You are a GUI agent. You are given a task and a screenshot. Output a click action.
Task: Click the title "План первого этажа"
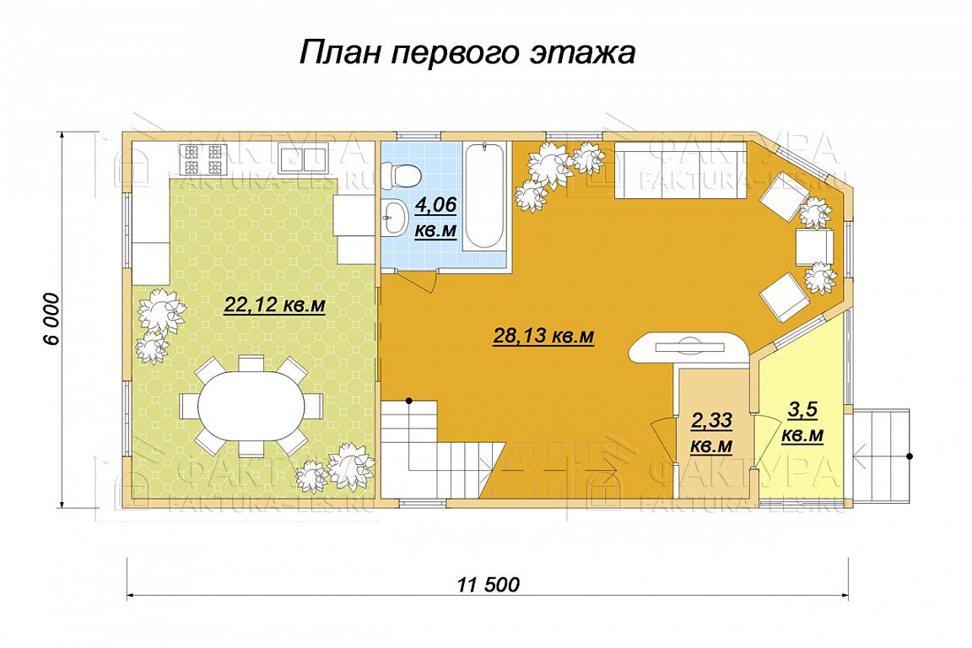tap(467, 52)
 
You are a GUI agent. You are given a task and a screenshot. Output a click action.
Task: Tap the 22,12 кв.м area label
tap(274, 305)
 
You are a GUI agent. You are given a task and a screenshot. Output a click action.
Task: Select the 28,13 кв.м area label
tap(543, 336)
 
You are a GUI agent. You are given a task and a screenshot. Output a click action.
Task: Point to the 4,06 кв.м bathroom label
tap(435, 217)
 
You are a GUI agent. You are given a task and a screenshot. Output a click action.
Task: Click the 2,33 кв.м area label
tap(711, 433)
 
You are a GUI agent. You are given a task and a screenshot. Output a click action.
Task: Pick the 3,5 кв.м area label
tap(802, 423)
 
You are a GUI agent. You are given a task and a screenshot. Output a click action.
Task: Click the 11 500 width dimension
tap(489, 584)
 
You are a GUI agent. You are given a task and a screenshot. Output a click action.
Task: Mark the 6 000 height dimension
tap(52, 319)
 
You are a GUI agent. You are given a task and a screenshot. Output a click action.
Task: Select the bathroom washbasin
tap(394, 219)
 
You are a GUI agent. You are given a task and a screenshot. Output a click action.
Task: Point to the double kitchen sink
tap(304, 158)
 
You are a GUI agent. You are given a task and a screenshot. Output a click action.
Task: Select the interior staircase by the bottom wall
tap(441, 448)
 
